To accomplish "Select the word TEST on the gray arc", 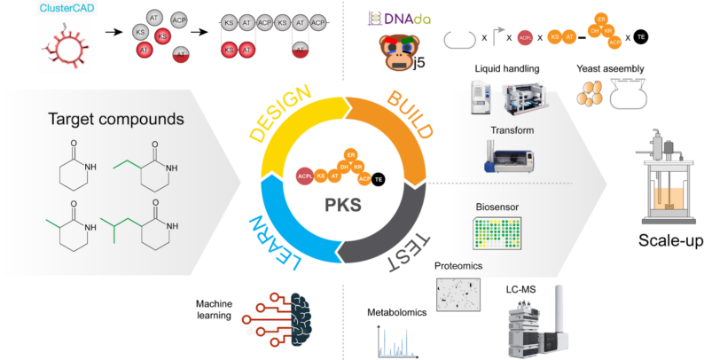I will coord(410,251).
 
